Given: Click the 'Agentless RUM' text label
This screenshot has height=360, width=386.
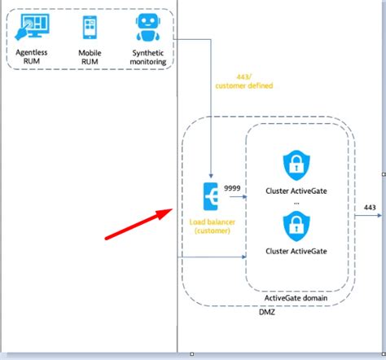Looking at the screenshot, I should point(33,56).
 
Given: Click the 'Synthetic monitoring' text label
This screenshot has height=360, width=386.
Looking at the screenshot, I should point(148,56).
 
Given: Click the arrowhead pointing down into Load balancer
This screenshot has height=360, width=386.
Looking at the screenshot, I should point(211,178).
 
